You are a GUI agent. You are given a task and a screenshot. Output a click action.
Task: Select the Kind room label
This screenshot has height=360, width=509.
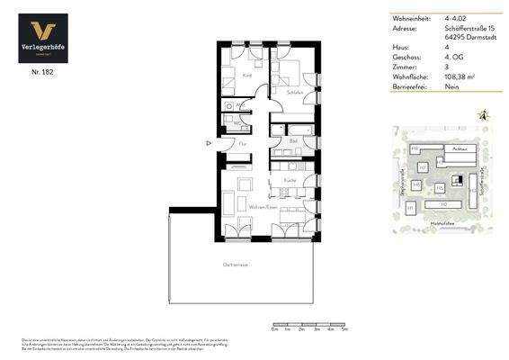tap(246, 76)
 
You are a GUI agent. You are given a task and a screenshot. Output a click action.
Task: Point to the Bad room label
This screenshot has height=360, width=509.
tap(293, 140)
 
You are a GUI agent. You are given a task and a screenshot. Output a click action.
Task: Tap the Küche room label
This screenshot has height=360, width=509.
tap(290, 180)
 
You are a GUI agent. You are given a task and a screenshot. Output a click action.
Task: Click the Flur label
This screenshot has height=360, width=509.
tap(243, 144)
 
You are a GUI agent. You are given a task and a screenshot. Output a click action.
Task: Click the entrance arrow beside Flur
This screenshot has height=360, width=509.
tap(209, 142)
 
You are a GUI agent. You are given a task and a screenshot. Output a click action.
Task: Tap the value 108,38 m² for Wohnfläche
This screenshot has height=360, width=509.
tap(459, 77)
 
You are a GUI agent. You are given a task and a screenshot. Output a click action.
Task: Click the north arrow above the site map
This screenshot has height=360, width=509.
tap(484, 115)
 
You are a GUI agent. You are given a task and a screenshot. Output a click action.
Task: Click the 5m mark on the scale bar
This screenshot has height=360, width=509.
tap(345, 329)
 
